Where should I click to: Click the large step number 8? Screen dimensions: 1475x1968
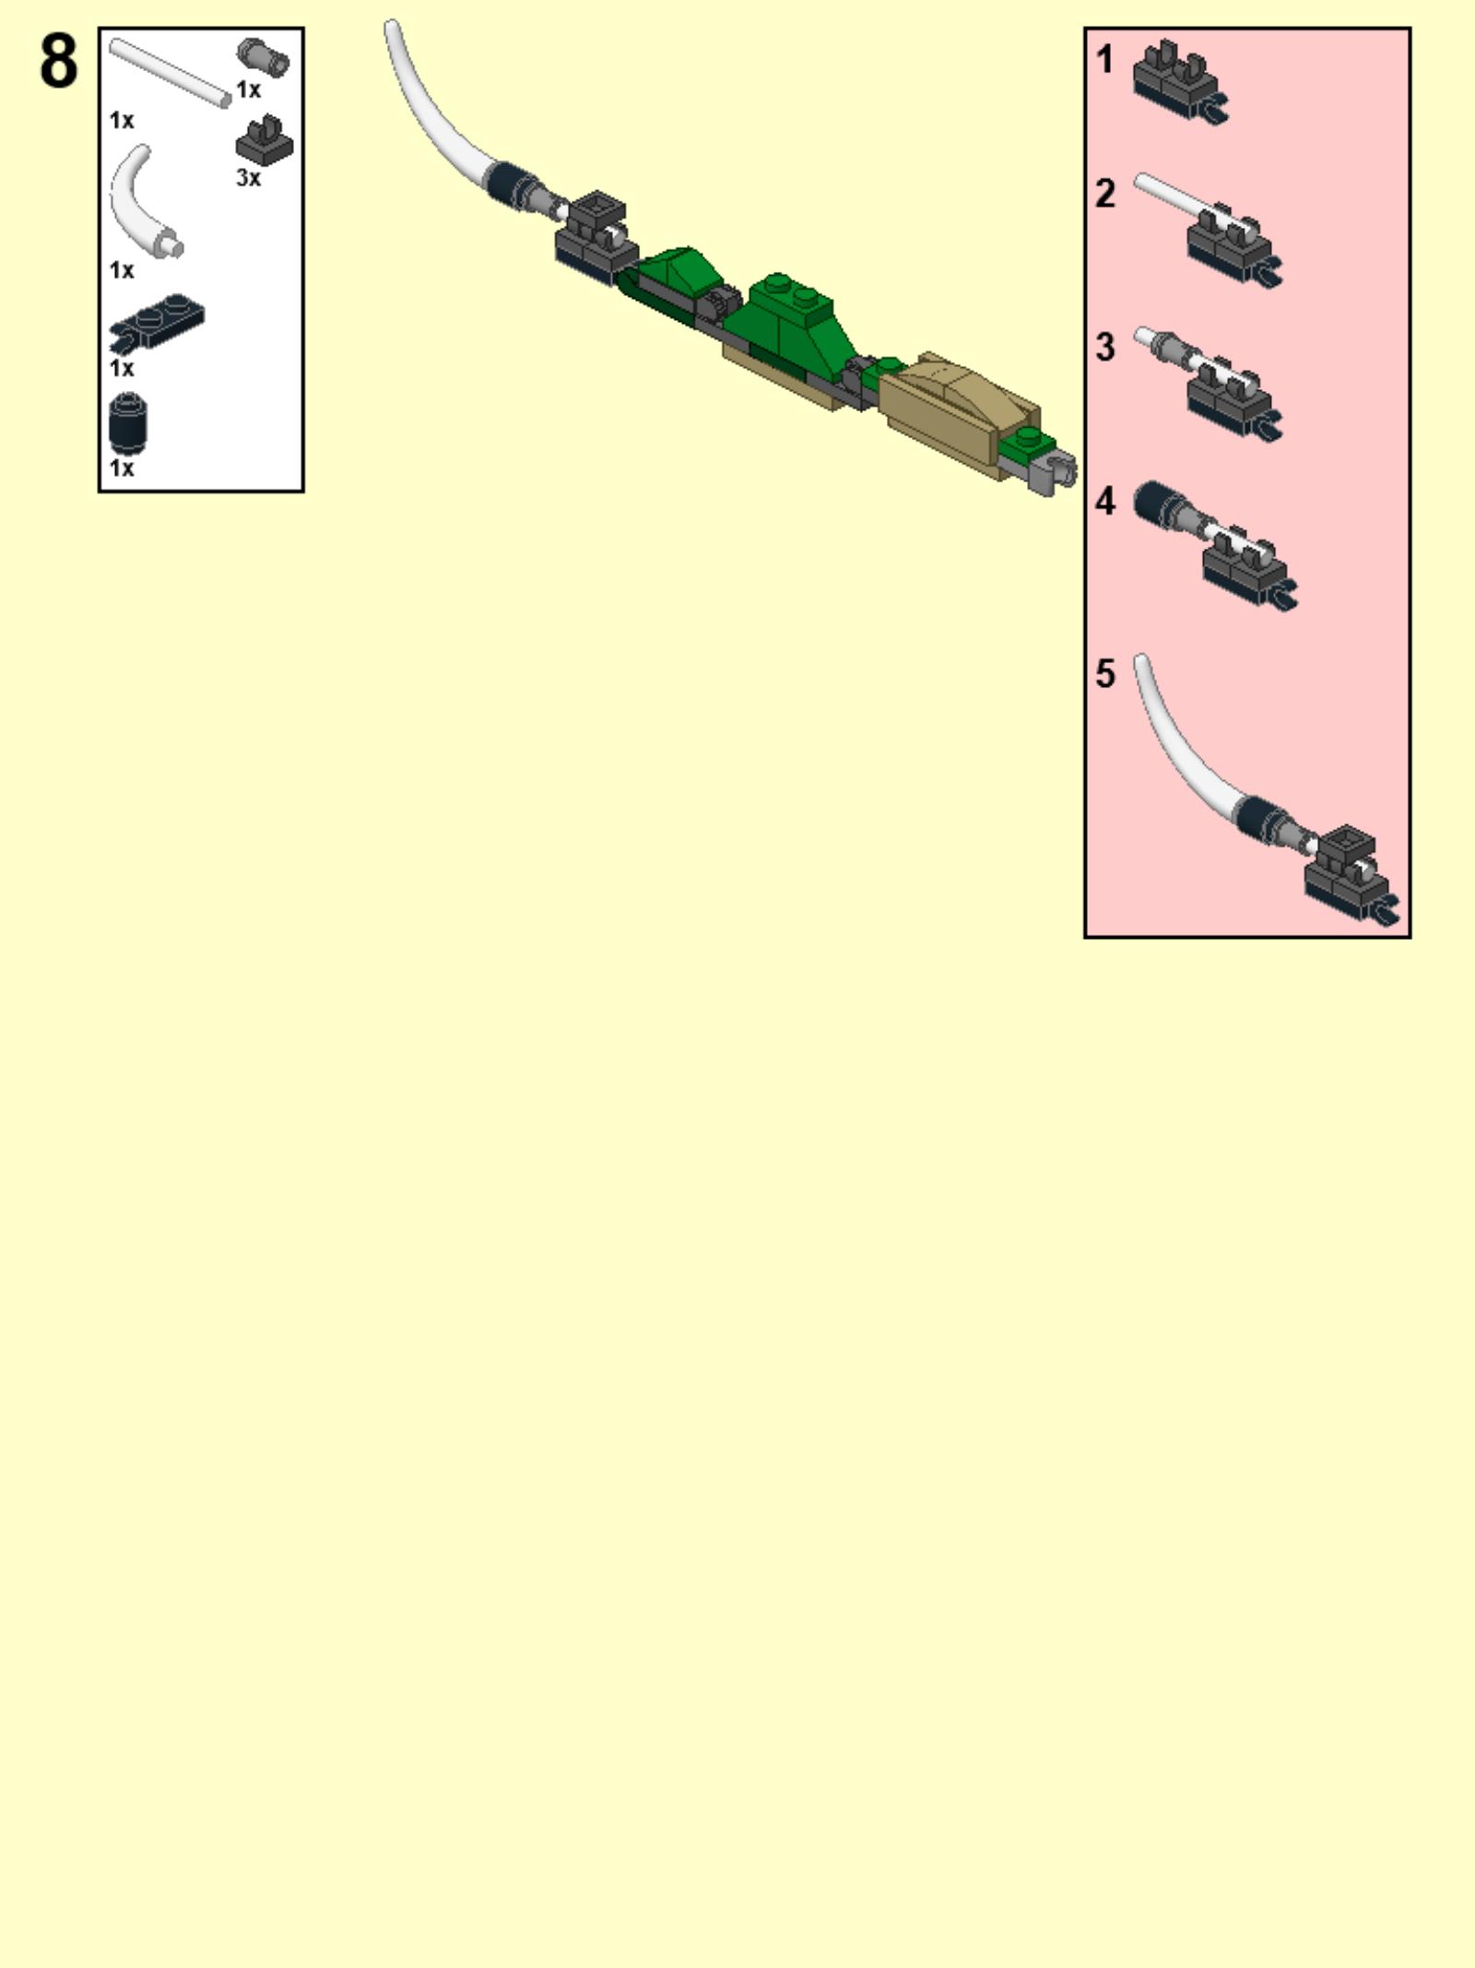coord(59,61)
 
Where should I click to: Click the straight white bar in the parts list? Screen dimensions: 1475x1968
coord(170,72)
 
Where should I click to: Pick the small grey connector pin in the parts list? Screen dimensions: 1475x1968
coord(263,56)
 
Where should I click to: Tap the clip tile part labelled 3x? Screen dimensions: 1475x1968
coord(265,140)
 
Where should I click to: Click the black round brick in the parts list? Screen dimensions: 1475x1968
coord(128,423)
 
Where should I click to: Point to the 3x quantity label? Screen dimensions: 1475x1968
coord(248,178)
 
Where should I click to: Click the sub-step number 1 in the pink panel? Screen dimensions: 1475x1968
coord(1104,60)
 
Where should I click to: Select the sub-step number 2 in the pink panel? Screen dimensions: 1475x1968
coord(1104,194)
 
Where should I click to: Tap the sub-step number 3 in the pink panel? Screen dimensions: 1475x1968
coord(1104,348)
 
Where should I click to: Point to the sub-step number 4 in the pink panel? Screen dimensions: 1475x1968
coord(1104,502)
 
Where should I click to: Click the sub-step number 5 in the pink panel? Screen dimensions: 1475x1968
coord(1104,674)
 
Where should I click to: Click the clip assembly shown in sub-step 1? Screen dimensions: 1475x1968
coord(1179,83)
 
